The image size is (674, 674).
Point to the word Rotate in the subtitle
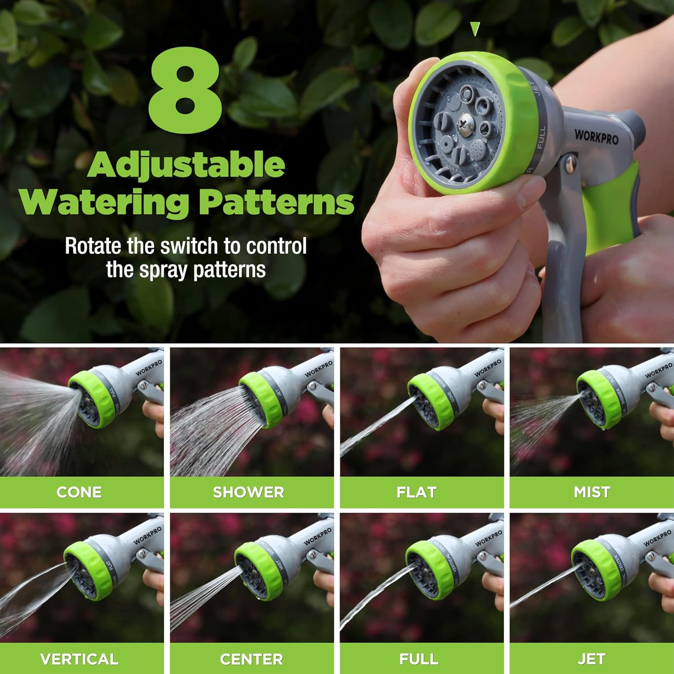93,246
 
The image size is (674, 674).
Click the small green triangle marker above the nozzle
475,29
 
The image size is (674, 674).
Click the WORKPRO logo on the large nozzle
596,136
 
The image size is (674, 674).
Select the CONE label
79,492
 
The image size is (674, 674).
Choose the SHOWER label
248,492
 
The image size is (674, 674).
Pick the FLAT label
417,492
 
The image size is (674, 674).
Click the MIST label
592,492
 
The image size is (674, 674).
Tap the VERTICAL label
79,659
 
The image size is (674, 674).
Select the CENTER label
251,659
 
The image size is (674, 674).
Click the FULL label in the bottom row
419,659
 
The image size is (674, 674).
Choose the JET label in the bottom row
591,659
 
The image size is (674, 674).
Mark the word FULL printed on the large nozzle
541,137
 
